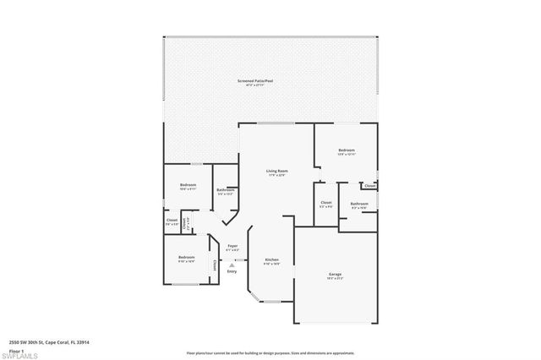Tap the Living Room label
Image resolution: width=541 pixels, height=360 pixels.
[x=276, y=171]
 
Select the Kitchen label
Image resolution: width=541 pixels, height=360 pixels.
[x=271, y=259]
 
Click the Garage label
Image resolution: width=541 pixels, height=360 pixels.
[x=335, y=274]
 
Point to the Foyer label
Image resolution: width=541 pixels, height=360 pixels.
[x=232, y=246]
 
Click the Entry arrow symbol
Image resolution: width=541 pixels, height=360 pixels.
[x=232, y=265]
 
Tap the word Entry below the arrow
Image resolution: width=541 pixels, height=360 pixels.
[x=232, y=272]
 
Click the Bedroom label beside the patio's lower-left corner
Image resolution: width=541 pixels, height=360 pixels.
[x=188, y=185]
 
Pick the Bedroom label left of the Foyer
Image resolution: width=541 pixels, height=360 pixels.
[x=186, y=257]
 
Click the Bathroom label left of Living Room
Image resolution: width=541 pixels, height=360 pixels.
[x=225, y=190]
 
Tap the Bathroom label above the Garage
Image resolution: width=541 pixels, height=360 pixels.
[x=359, y=203]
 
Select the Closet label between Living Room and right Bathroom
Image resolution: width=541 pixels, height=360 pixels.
[x=325, y=202]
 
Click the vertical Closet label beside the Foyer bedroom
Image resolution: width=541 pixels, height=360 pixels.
[x=215, y=265]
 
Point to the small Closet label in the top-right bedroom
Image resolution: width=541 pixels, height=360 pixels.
[x=369, y=185]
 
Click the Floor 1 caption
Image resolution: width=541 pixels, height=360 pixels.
[x=17, y=349]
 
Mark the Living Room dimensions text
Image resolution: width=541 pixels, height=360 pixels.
[x=276, y=175]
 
